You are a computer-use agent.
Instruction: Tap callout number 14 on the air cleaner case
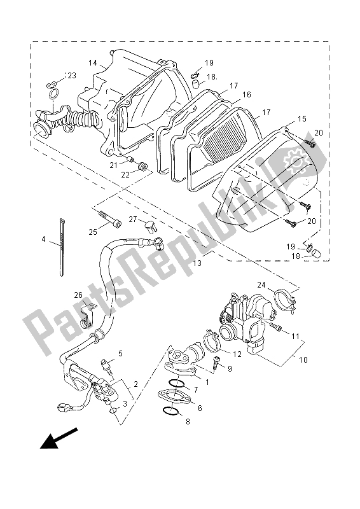(92, 63)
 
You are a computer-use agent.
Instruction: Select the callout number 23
(71, 76)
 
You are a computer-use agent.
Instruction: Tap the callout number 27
(133, 220)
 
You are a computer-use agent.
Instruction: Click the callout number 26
(78, 295)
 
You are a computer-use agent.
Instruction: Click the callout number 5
(120, 354)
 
